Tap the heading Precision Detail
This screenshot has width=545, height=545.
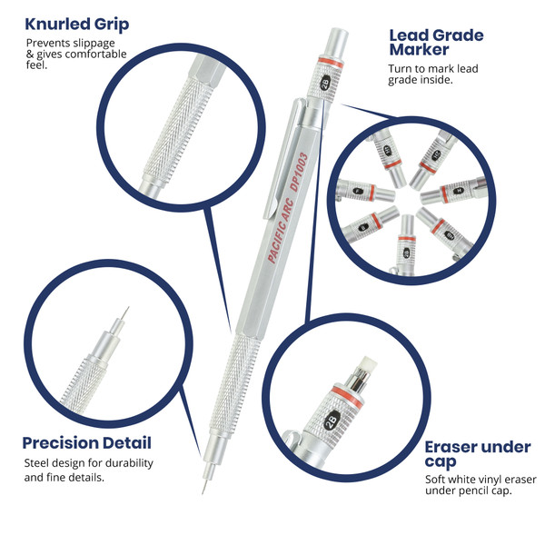point(86,443)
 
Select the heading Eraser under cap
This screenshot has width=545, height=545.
point(477,454)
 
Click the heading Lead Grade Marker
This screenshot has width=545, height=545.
point(436,42)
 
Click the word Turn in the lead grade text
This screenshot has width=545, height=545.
point(401,69)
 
